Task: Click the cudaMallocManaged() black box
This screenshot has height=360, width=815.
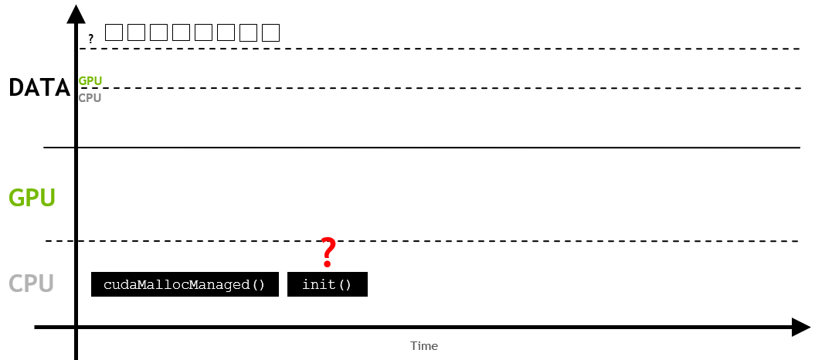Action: coord(185,284)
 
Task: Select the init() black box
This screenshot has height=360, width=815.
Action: coord(327,284)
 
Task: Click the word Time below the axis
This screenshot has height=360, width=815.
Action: coord(424,346)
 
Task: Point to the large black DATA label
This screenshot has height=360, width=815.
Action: coord(39,88)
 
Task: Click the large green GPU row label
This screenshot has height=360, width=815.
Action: coord(32,199)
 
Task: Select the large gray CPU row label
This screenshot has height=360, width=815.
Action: coord(31,284)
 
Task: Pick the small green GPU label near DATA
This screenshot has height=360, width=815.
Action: coord(90,80)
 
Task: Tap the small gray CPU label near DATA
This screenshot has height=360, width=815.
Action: coord(90,98)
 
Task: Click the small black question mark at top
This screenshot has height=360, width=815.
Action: coord(90,38)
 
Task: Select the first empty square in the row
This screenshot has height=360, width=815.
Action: coord(114,32)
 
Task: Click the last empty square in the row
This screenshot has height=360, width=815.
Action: coord(270,32)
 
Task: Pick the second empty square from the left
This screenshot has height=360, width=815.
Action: coord(136,32)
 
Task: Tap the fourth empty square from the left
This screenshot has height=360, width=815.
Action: coord(181,32)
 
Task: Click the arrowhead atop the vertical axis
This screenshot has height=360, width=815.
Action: coord(76,13)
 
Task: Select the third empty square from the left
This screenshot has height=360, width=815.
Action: coord(158,32)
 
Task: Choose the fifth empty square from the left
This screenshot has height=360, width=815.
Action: coord(203,32)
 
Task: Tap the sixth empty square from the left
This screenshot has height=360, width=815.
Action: coord(226,32)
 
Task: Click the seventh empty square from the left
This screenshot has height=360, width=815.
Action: coord(248,32)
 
